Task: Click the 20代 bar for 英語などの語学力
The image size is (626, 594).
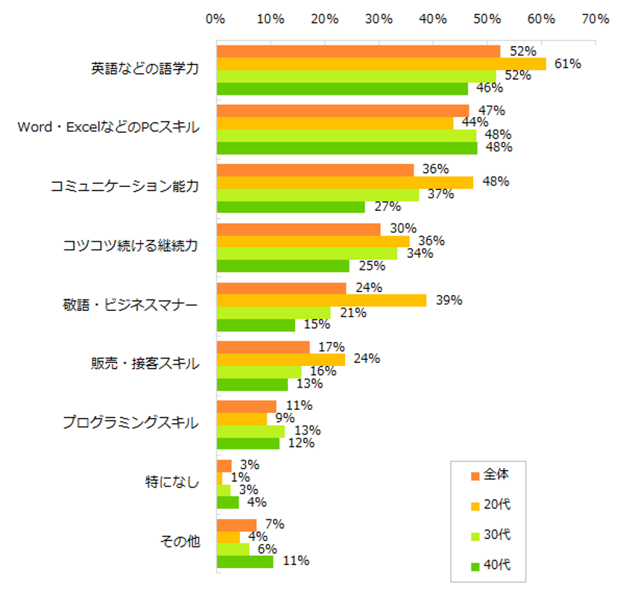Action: (381, 64)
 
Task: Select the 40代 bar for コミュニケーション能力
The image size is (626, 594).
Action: (291, 207)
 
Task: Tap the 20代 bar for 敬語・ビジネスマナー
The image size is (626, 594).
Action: (321, 300)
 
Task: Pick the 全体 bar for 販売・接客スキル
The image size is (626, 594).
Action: (263, 347)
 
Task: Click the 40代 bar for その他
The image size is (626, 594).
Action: (244, 562)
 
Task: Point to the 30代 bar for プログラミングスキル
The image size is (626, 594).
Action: (250, 431)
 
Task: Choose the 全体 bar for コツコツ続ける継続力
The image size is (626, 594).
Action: (298, 229)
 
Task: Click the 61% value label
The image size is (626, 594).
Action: (568, 63)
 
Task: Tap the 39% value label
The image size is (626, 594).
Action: (449, 300)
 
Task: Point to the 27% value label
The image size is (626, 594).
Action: (387, 206)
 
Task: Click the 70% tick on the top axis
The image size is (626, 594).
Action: (596, 20)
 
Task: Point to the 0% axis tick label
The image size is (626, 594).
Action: (215, 20)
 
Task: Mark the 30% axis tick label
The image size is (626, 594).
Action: (379, 20)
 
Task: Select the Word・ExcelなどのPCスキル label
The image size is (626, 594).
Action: (109, 127)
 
